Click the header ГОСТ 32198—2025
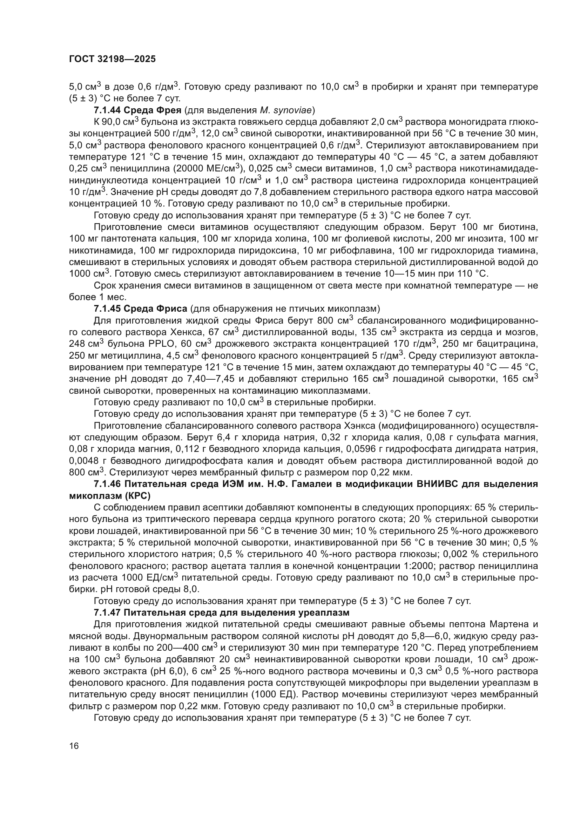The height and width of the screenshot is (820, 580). pos(112,59)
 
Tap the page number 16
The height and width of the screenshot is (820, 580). pos(74,746)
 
